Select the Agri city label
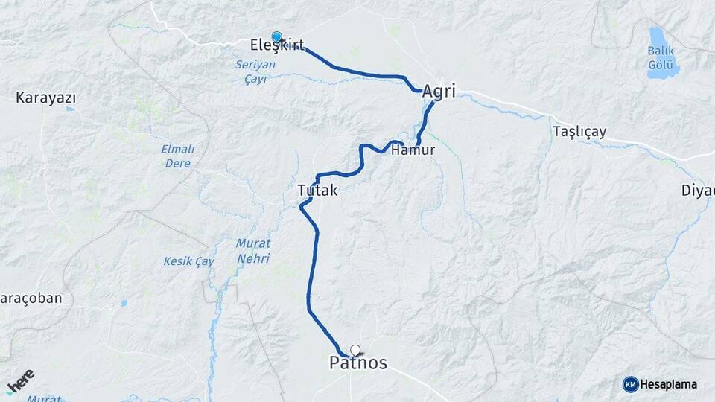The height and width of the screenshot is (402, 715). (x=438, y=92)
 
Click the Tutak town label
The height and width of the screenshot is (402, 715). (x=317, y=191)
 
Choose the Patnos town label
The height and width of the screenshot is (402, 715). (x=358, y=363)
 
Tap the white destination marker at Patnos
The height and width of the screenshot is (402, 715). (x=355, y=350)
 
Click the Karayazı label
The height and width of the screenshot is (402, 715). (x=46, y=98)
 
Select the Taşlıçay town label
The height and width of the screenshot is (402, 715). (x=579, y=132)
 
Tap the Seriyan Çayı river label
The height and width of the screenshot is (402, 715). (x=255, y=71)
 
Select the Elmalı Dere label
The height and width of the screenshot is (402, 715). (x=177, y=156)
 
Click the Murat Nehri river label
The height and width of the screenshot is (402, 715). (x=252, y=251)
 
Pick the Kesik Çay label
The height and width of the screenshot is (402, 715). (x=188, y=261)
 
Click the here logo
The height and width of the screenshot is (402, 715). (x=20, y=382)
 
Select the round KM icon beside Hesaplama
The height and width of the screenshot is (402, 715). (x=630, y=384)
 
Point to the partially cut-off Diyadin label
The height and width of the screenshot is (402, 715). (x=699, y=190)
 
